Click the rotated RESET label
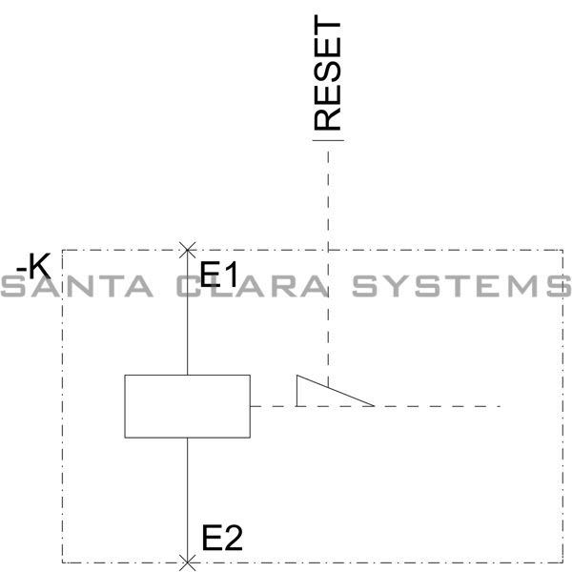(x=327, y=72)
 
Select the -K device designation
(x=33, y=266)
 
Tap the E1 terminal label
(x=219, y=274)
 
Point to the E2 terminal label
(x=222, y=538)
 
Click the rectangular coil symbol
(x=188, y=406)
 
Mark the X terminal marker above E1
(x=188, y=250)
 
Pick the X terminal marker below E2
(x=188, y=562)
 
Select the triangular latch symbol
(x=336, y=391)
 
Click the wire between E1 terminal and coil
(x=188, y=313)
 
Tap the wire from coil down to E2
(x=188, y=500)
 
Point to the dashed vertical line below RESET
(x=328, y=269)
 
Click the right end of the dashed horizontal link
(x=500, y=406)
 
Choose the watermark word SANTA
(x=76, y=286)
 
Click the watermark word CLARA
(x=252, y=286)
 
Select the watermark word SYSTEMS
(x=461, y=286)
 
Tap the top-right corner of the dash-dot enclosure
(x=562, y=250)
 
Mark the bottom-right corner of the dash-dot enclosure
(x=562, y=562)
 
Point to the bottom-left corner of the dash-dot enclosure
(x=62, y=562)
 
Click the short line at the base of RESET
(x=328, y=140)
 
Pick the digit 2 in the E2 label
(x=233, y=538)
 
